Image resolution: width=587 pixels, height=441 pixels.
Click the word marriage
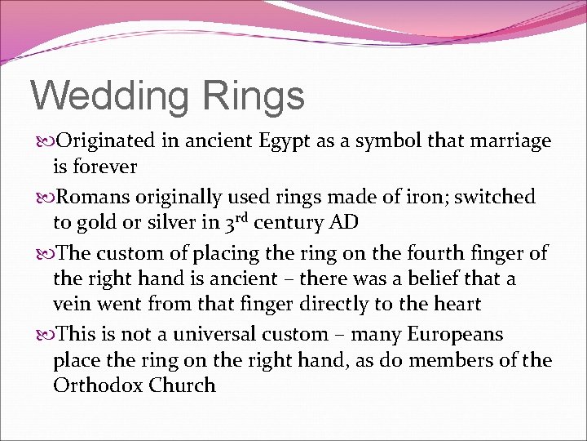point(511,140)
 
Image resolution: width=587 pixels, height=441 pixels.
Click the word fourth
point(433,252)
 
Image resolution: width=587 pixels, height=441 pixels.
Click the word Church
point(183,385)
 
